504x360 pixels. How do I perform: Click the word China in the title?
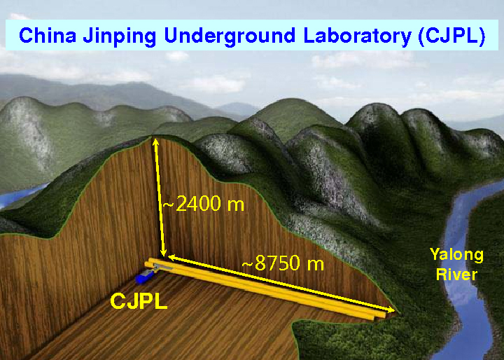point(48,35)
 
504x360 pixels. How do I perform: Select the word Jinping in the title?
point(120,36)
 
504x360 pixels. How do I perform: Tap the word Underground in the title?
point(230,36)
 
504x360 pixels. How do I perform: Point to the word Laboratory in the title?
point(358,36)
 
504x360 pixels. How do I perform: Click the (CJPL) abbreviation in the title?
point(451,36)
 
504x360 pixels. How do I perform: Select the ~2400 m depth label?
point(204,203)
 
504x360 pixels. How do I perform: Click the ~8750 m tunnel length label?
point(283,263)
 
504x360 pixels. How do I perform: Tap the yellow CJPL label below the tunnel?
point(139,301)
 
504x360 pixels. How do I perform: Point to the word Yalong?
point(456,256)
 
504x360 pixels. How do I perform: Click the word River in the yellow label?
point(456,275)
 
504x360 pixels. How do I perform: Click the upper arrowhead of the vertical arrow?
point(155,142)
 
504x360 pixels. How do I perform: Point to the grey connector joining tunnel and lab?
point(162,267)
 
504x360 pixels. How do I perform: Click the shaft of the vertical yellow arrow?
point(160,197)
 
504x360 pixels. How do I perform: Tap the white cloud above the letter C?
point(19,16)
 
